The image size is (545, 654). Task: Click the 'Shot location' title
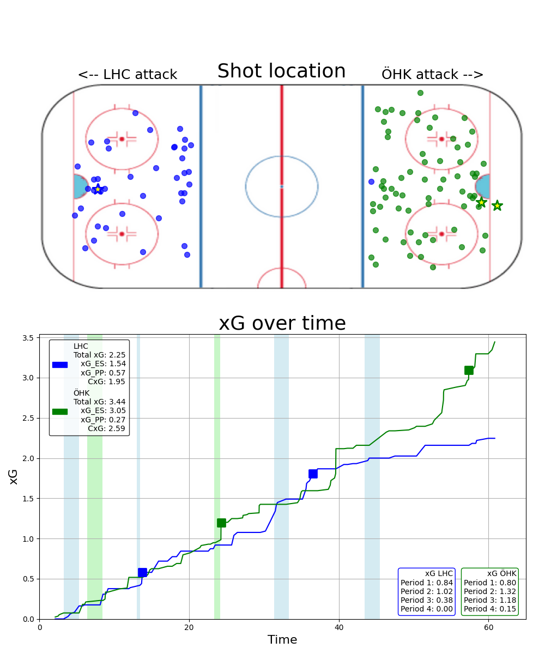click(x=281, y=71)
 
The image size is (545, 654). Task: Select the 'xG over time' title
click(x=282, y=323)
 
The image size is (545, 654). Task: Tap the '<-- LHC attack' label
click(x=127, y=75)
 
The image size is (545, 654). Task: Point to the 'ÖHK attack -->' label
click(x=433, y=75)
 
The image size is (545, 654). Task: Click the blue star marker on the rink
click(x=98, y=189)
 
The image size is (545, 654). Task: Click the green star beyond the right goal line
click(x=497, y=205)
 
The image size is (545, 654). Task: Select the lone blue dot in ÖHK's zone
click(x=371, y=181)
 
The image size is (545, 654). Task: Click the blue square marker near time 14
click(x=142, y=572)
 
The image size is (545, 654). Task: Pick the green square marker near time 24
click(x=221, y=523)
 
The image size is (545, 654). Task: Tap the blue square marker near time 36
click(x=313, y=474)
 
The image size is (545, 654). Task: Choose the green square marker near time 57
click(x=469, y=370)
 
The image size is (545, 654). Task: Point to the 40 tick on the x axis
click(x=339, y=627)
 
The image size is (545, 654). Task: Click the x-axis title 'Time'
click(x=282, y=640)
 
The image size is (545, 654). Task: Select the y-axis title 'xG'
click(x=14, y=477)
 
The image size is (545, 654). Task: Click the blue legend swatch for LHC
click(x=60, y=365)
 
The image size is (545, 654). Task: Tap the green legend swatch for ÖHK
click(x=60, y=411)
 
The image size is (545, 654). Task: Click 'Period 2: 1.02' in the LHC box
click(x=427, y=591)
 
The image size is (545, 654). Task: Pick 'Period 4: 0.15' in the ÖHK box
click(x=490, y=609)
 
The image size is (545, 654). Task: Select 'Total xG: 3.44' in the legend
click(x=99, y=402)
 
